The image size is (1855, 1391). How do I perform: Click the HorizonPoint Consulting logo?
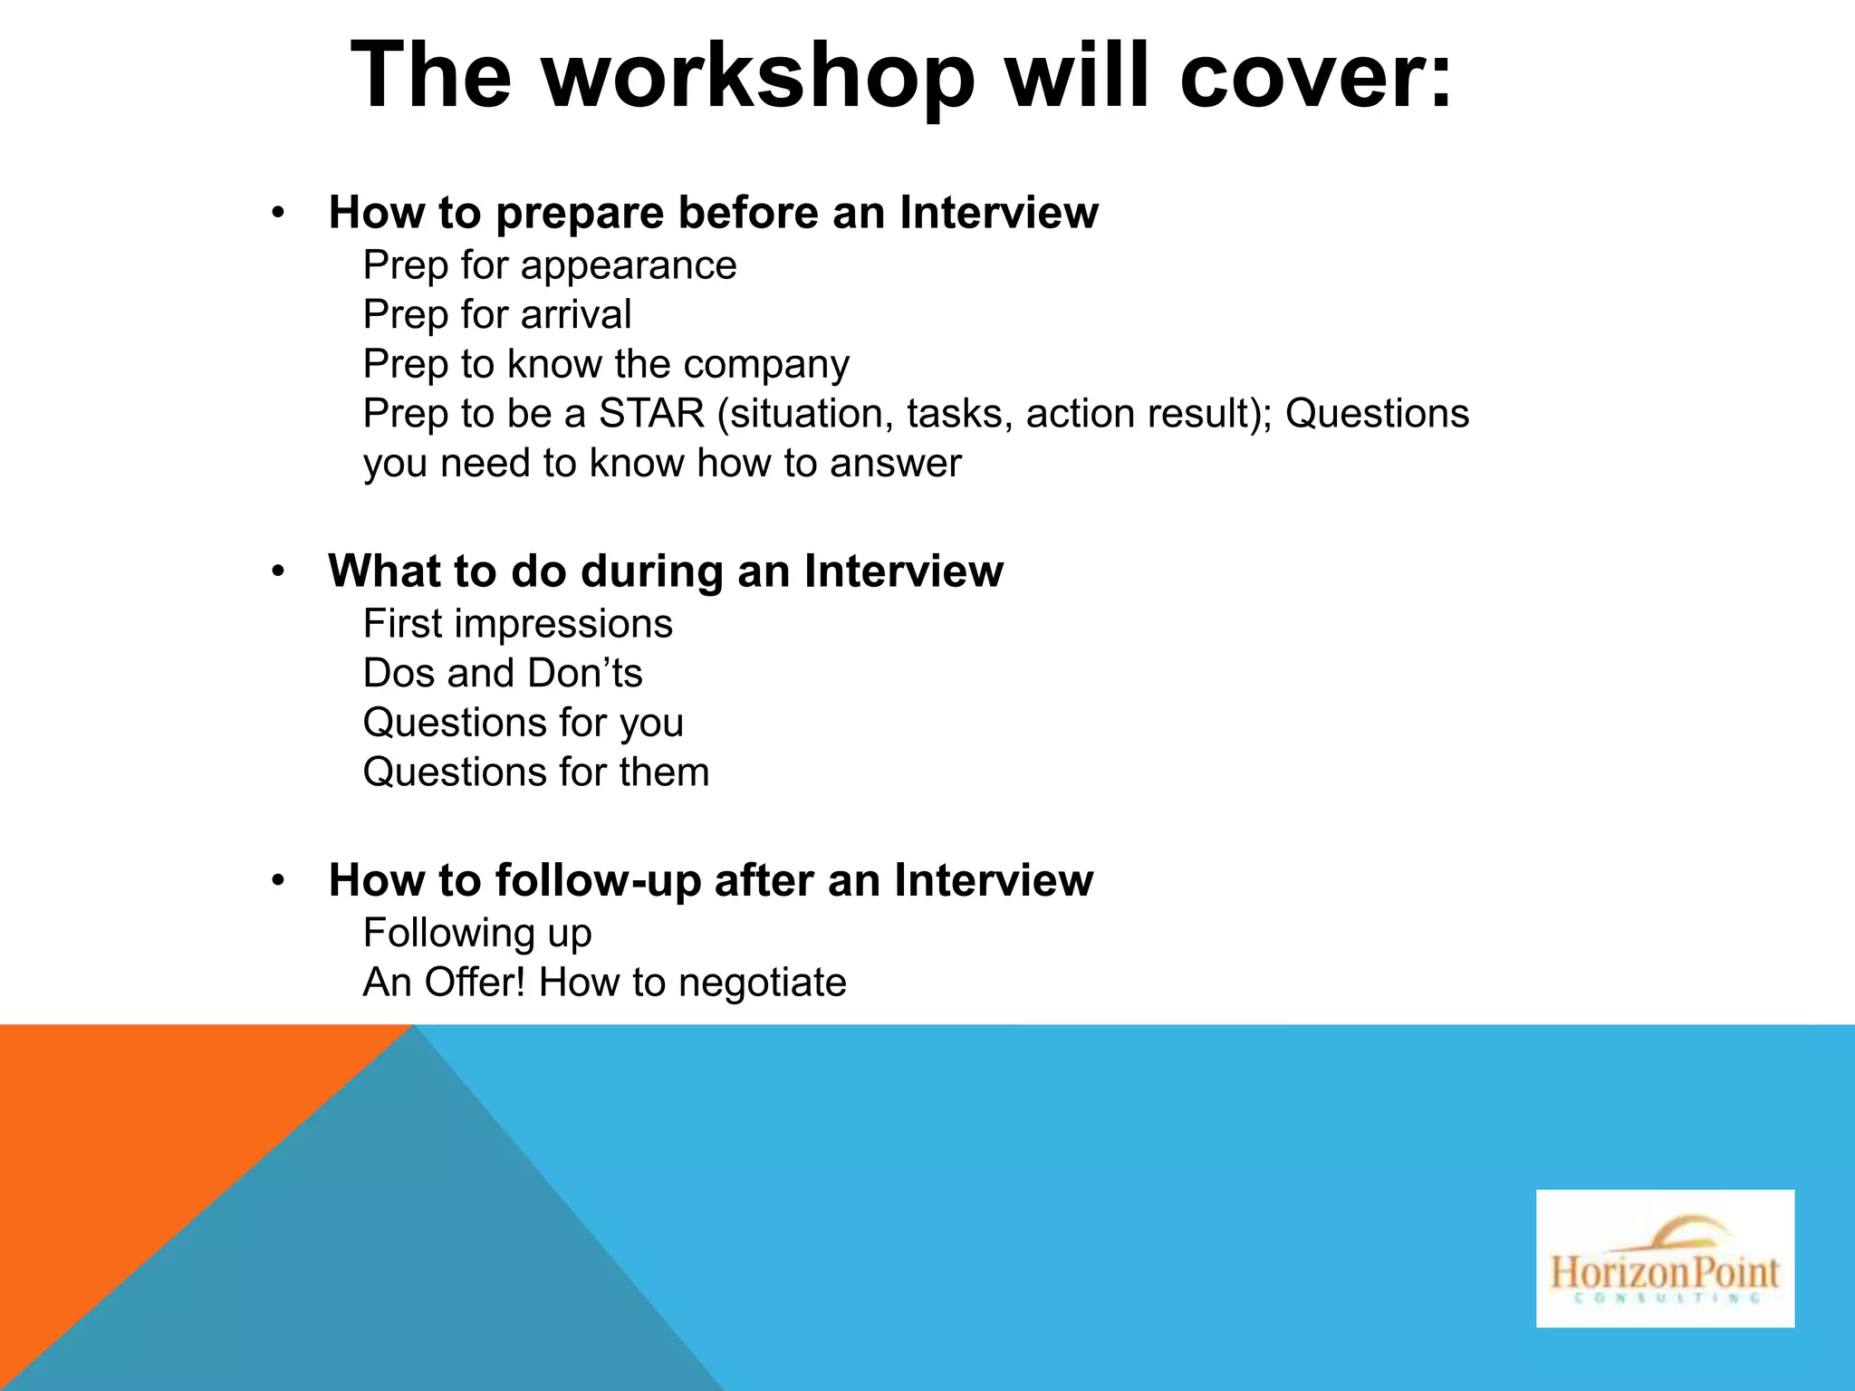[1665, 1258]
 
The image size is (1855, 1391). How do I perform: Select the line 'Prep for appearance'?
[550, 265]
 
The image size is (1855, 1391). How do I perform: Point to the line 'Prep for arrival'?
[497, 315]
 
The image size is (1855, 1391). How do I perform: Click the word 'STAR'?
[651, 414]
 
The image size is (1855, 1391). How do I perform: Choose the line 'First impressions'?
[518, 624]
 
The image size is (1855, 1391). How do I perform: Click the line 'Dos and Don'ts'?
[503, 674]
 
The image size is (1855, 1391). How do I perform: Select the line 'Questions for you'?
[524, 724]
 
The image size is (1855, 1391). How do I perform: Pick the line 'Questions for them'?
[536, 772]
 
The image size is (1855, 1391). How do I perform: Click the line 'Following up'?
[477, 934]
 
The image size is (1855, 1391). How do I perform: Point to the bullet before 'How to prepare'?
[278, 215]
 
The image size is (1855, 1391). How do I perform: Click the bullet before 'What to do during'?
[278, 572]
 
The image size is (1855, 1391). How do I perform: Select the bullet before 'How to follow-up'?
[278, 881]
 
